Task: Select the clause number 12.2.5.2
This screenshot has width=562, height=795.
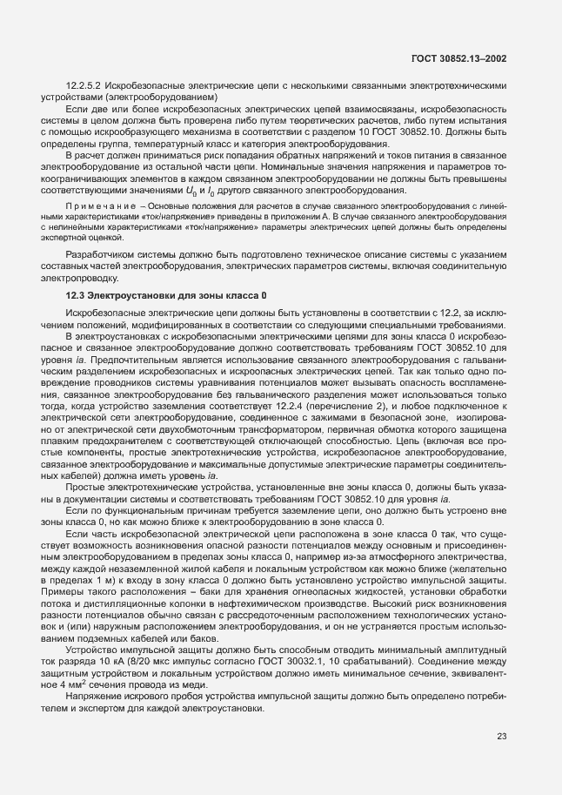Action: [x=85, y=86]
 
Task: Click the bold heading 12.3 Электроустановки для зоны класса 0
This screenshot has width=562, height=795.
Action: [x=166, y=297]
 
